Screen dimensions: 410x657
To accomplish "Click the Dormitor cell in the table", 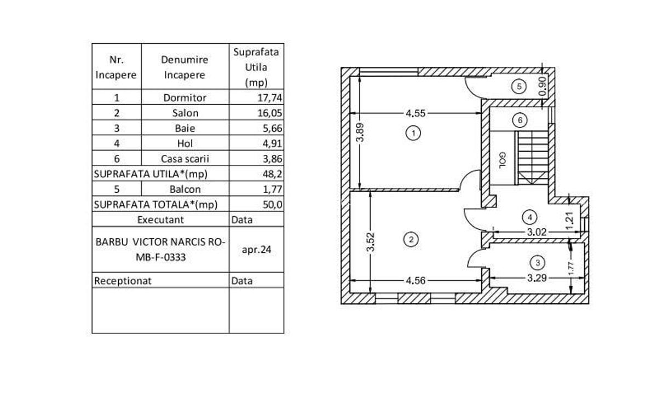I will tap(185, 98).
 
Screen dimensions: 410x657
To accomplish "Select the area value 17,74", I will tap(268, 98).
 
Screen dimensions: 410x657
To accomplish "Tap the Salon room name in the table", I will tap(185, 113).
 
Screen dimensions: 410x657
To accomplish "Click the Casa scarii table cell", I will tap(185, 159).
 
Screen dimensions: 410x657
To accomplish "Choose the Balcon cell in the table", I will tap(185, 189).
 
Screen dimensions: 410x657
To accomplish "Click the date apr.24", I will tap(256, 249).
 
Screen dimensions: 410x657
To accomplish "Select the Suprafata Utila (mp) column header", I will tap(256, 67).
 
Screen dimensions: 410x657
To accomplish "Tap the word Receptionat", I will tap(123, 281).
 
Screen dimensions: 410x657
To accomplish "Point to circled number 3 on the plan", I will tap(538, 263).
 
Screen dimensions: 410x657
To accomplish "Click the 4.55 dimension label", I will tap(416, 114).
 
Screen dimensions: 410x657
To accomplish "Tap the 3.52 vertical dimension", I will tap(371, 242).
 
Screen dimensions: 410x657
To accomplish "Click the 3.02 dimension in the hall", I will tap(537, 232).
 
